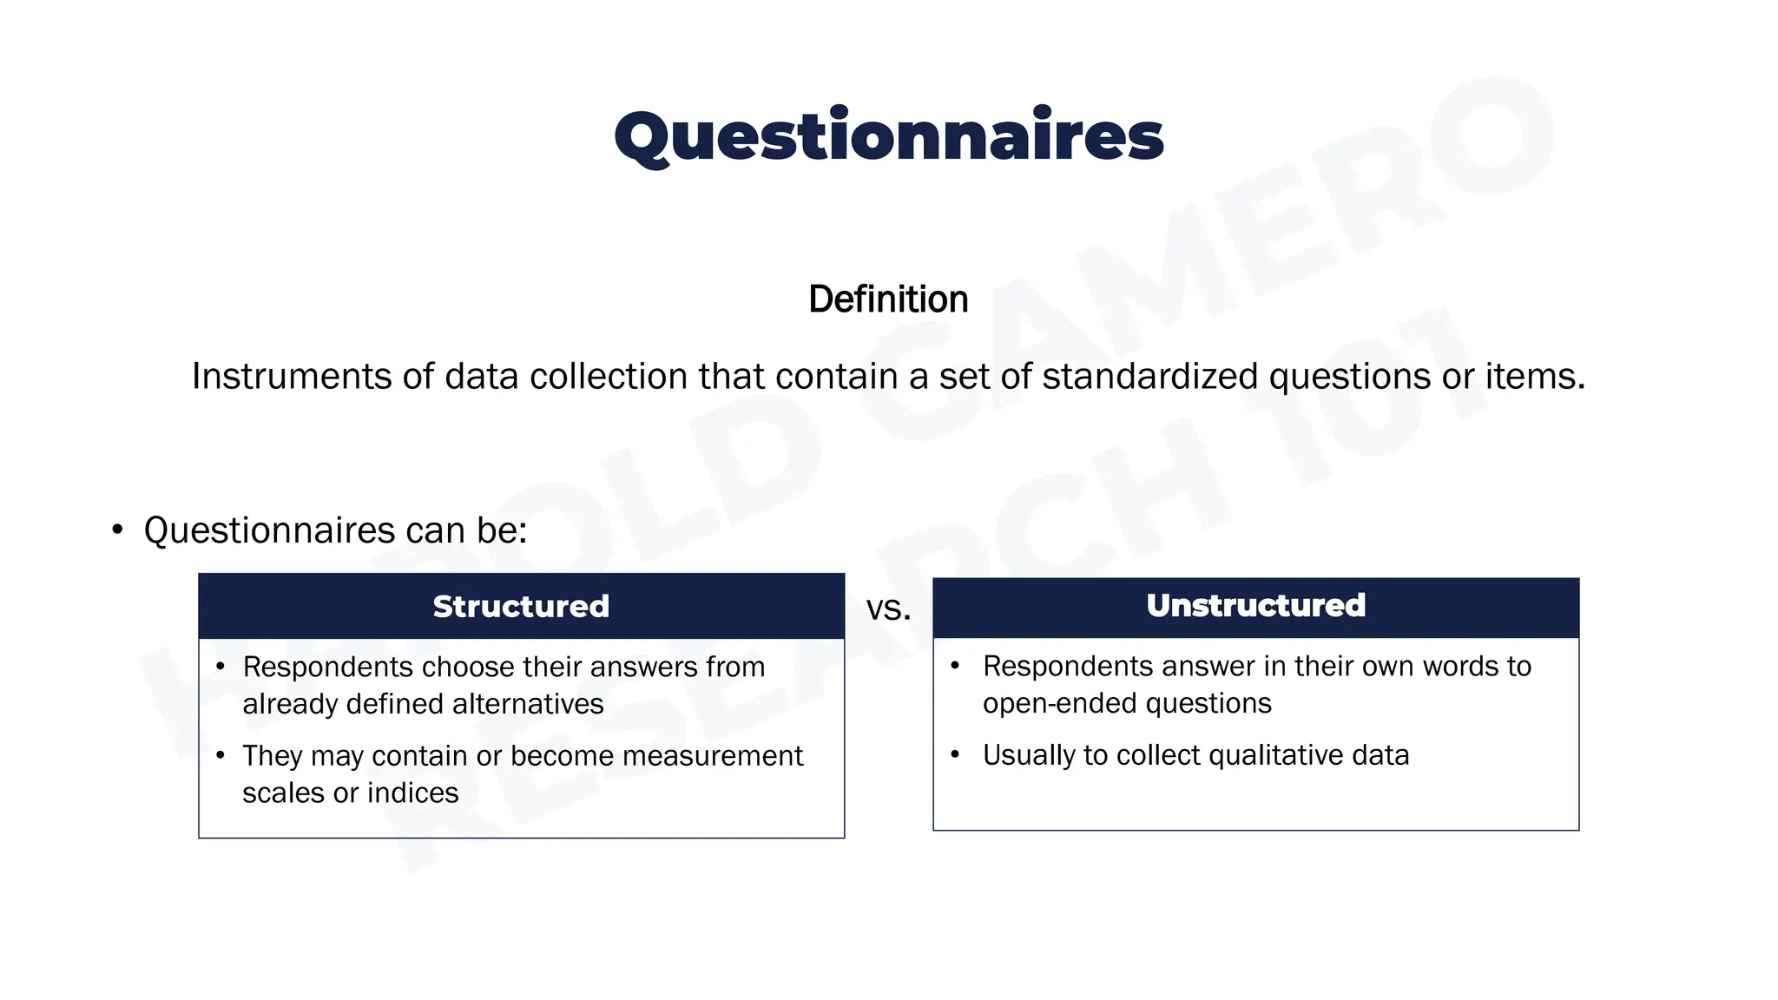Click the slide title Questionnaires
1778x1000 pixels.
tap(888, 137)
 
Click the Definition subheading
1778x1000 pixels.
tap(888, 299)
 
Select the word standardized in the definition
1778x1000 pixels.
tap(1149, 377)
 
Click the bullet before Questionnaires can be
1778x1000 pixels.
tap(118, 530)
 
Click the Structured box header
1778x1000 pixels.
tap(521, 606)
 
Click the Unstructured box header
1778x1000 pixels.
tap(1255, 605)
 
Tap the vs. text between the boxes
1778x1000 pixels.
tap(888, 609)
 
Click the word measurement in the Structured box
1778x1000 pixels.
tap(712, 756)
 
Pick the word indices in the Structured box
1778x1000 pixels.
tap(412, 793)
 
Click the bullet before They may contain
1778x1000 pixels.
tap(221, 755)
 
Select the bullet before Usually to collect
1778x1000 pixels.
tap(955, 754)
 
